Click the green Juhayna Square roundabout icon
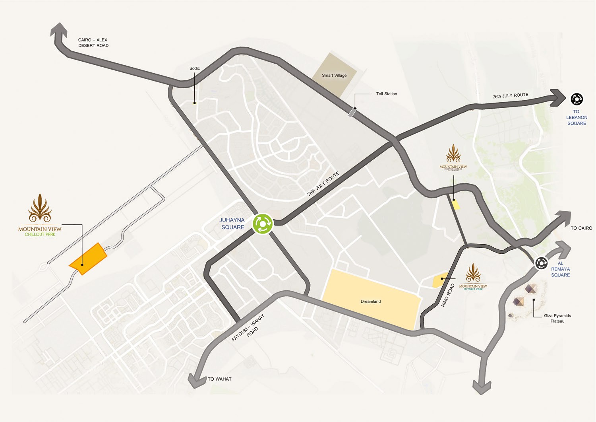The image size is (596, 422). tap(263, 224)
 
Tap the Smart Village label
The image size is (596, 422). tap(334, 75)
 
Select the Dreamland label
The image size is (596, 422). tap(371, 301)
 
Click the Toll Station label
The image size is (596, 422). tap(386, 94)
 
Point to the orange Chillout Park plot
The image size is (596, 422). tap(88, 259)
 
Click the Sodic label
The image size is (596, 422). tap(195, 68)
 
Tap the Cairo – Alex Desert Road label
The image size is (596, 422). tap(93, 43)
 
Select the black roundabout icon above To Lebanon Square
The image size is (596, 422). tap(577, 99)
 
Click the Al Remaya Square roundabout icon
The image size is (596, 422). tap(541, 263)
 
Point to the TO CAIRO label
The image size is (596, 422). tap(581, 228)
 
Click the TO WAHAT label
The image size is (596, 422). tap(219, 379)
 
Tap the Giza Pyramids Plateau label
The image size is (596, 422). tap(557, 318)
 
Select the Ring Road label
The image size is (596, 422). tap(448, 295)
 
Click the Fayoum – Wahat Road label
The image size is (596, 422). tap(248, 328)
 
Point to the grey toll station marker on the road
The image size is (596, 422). tap(352, 112)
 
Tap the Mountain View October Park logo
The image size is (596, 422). tap(473, 277)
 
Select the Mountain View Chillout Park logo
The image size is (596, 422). tap(40, 215)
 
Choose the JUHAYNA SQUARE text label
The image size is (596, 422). tap(232, 224)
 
